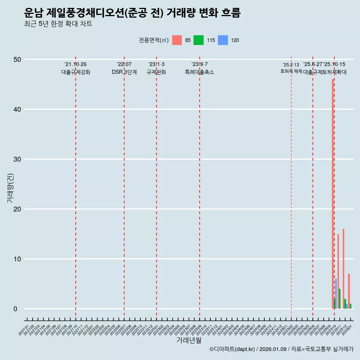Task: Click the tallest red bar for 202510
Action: coord(333,187)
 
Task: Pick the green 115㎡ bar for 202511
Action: coord(340,298)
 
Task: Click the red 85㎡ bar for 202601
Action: coord(349,291)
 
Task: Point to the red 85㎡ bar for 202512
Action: coord(343,268)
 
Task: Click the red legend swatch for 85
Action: coord(177,40)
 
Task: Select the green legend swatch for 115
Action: coord(198,40)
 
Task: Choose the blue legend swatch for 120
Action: coord(223,40)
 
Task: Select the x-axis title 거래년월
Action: coord(189,340)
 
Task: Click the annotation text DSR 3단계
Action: coord(124,72)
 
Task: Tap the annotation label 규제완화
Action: coord(156,72)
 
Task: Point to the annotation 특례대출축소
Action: coord(199,72)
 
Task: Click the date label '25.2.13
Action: coord(291,64)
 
